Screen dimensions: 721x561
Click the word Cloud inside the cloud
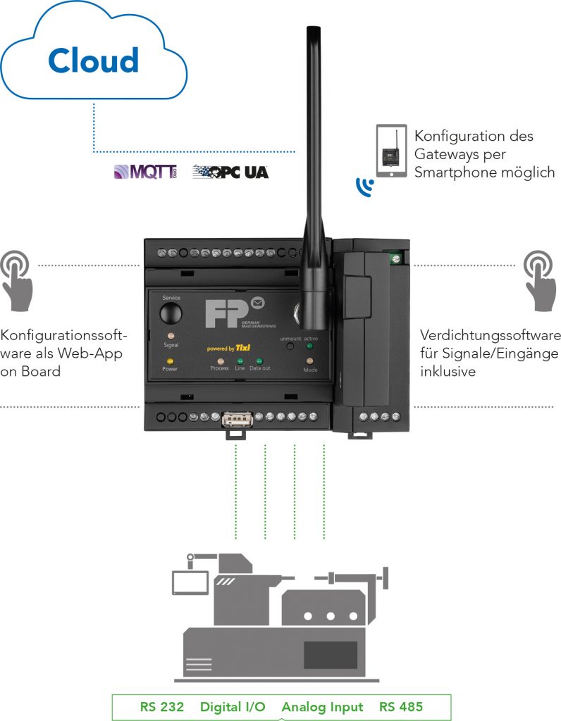[x=94, y=61]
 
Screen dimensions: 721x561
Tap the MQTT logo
[x=145, y=171]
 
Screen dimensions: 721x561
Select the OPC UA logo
[x=230, y=171]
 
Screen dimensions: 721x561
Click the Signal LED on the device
[x=171, y=337]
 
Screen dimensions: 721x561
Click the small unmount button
[x=288, y=346]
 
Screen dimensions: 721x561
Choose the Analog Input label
[x=322, y=707]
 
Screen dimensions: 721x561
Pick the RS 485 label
[x=402, y=707]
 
